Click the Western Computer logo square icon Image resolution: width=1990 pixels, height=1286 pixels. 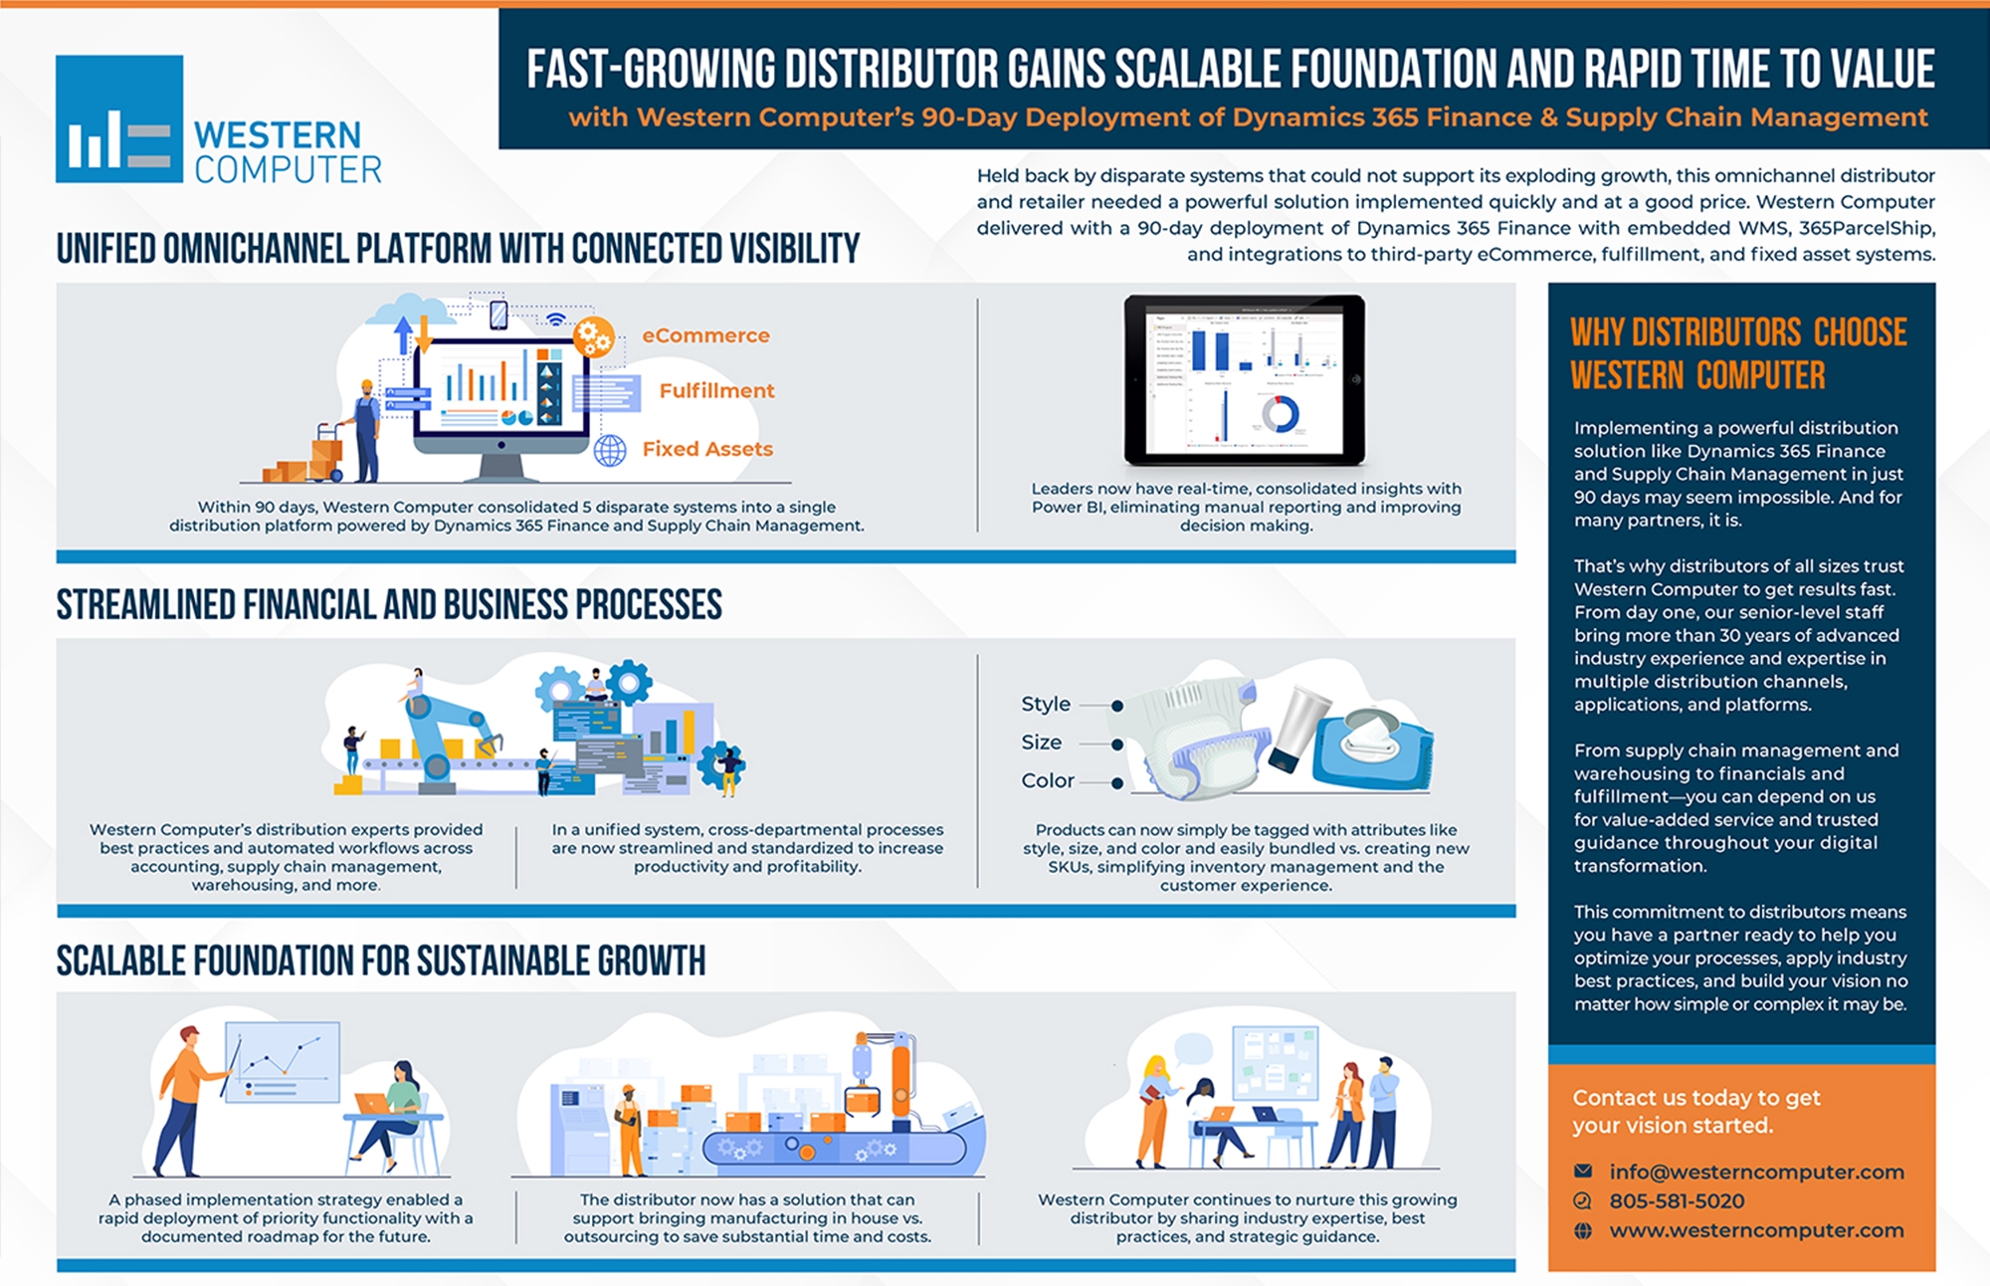pos(119,118)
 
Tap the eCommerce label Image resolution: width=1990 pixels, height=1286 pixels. pos(705,335)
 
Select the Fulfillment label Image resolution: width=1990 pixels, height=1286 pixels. pos(716,391)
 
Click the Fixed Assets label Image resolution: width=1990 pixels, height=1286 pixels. pos(707,449)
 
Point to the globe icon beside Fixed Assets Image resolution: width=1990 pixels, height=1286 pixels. pos(610,451)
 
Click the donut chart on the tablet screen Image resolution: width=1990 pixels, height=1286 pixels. pos(1280,414)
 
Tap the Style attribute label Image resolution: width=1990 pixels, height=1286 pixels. pos(1046,704)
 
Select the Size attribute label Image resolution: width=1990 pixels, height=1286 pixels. pos(1041,743)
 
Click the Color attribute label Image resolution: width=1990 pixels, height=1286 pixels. pos(1048,780)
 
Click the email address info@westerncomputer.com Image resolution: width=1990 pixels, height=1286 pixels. pos(1756,1172)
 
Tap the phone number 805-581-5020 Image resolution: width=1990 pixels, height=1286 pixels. pos(1677,1201)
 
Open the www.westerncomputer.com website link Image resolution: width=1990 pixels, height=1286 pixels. pos(1756,1230)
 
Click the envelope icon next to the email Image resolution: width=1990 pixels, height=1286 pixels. pos(1583,1171)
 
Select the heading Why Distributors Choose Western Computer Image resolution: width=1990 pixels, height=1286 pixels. pos(1738,353)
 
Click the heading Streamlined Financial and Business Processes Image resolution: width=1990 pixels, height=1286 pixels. pos(389,604)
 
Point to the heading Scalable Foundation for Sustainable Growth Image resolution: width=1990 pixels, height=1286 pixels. pos(381,961)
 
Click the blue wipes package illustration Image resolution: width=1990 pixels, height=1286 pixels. pos(1372,749)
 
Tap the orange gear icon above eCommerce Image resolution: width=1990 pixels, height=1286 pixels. pos(593,337)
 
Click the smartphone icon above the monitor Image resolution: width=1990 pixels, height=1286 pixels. pos(498,315)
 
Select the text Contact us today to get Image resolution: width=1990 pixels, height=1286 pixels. pos(1695,1097)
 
